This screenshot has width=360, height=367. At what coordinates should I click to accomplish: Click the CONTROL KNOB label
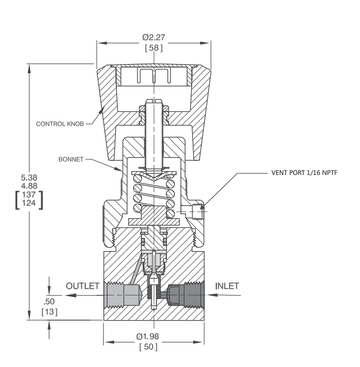[60, 124]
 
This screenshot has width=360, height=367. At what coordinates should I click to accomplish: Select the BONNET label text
[71, 159]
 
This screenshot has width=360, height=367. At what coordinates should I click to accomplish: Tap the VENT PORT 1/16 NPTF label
[305, 173]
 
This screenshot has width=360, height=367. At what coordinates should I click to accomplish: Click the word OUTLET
[83, 286]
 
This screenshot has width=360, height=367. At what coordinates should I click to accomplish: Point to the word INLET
[227, 286]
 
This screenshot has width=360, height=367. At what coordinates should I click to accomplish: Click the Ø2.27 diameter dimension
[154, 37]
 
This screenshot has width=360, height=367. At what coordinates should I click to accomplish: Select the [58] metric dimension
[154, 48]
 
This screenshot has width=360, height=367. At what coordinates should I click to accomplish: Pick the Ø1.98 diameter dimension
[147, 336]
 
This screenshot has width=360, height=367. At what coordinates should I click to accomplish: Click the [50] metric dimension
[148, 347]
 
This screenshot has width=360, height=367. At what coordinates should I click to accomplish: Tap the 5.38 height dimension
[29, 177]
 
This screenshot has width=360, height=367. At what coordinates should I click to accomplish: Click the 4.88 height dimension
[29, 186]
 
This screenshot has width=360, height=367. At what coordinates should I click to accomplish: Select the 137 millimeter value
[29, 195]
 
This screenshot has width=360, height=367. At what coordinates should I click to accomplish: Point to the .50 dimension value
[49, 301]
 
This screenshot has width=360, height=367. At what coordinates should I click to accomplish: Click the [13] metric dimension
[49, 312]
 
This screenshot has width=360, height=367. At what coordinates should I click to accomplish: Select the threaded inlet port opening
[194, 295]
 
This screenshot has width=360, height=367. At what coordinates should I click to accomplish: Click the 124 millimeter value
[29, 203]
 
